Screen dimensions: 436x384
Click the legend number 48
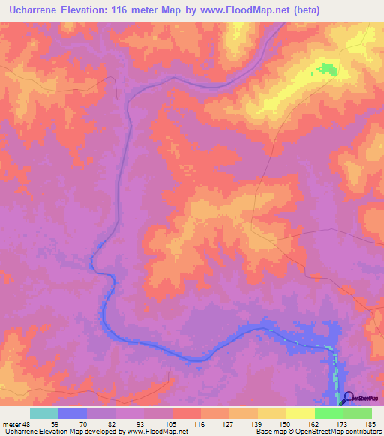[25, 423]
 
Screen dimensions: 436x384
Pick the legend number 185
[369, 423]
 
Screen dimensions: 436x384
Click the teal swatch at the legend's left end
[44, 413]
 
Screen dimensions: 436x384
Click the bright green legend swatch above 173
[329, 413]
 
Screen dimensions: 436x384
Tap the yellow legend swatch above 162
[301, 413]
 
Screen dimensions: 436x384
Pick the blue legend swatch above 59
[73, 413]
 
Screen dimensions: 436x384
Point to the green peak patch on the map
[326, 70]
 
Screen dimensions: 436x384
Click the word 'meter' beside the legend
[10, 423]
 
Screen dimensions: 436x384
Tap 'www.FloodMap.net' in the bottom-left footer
[157, 432]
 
